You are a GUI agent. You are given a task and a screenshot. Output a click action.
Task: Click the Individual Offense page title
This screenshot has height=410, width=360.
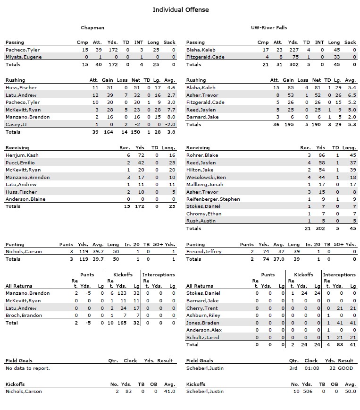tap(180, 9)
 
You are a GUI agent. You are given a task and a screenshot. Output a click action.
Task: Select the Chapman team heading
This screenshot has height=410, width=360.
tap(92, 28)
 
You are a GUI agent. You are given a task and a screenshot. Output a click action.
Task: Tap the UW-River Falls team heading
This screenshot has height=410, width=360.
tap(269, 28)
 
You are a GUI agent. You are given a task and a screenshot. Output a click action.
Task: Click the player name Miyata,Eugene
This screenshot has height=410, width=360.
tap(24, 57)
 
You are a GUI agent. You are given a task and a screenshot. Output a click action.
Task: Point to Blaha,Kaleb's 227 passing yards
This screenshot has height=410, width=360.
tap(293, 50)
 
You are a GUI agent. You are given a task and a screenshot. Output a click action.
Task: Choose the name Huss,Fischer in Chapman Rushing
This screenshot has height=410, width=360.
tap(21, 87)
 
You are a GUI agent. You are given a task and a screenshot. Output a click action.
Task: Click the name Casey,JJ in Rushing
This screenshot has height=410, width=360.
tap(17, 124)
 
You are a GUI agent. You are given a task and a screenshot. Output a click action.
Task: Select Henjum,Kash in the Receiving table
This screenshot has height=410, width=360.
tap(22, 155)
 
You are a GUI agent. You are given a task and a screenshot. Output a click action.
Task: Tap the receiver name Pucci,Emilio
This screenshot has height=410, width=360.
tap(21, 162)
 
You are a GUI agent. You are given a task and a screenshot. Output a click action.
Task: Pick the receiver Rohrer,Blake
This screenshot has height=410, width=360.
tap(202, 155)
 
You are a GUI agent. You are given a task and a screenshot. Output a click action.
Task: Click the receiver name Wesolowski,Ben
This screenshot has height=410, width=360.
tap(206, 177)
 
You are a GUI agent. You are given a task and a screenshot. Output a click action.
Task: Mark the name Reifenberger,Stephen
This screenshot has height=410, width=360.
tap(213, 199)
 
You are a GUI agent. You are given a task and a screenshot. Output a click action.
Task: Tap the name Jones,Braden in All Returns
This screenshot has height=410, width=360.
tap(203, 323)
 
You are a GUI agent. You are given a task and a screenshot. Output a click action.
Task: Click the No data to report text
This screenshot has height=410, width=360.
tap(27, 368)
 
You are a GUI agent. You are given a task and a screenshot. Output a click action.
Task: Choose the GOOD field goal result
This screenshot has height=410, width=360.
tap(345, 368)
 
